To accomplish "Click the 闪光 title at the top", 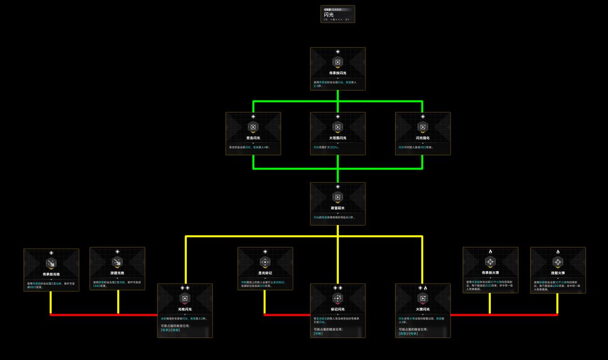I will coord(328,15).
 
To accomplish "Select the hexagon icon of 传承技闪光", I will coord(338,62).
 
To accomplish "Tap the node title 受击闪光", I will coord(253,138).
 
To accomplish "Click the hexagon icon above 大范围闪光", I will coord(338,127).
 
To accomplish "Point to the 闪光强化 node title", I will coord(422,138).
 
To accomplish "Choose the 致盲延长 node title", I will coord(338,208).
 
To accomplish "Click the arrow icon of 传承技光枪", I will coord(51,263).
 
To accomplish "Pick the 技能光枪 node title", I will coord(117,273).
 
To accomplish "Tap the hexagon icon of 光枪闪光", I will coord(185,299).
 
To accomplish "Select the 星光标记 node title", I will coord(265,273).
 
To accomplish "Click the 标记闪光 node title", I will coord(338,309).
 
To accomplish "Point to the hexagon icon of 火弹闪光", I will coord(422,299).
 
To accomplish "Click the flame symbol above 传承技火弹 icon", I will coord(490,251).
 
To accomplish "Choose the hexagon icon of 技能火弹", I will coord(557,263).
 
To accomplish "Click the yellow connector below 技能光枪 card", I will coord(118,302).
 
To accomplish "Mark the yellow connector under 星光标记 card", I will coord(265,302).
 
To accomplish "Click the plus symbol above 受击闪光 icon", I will coord(253,116).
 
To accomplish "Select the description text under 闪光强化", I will coord(417,147).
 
